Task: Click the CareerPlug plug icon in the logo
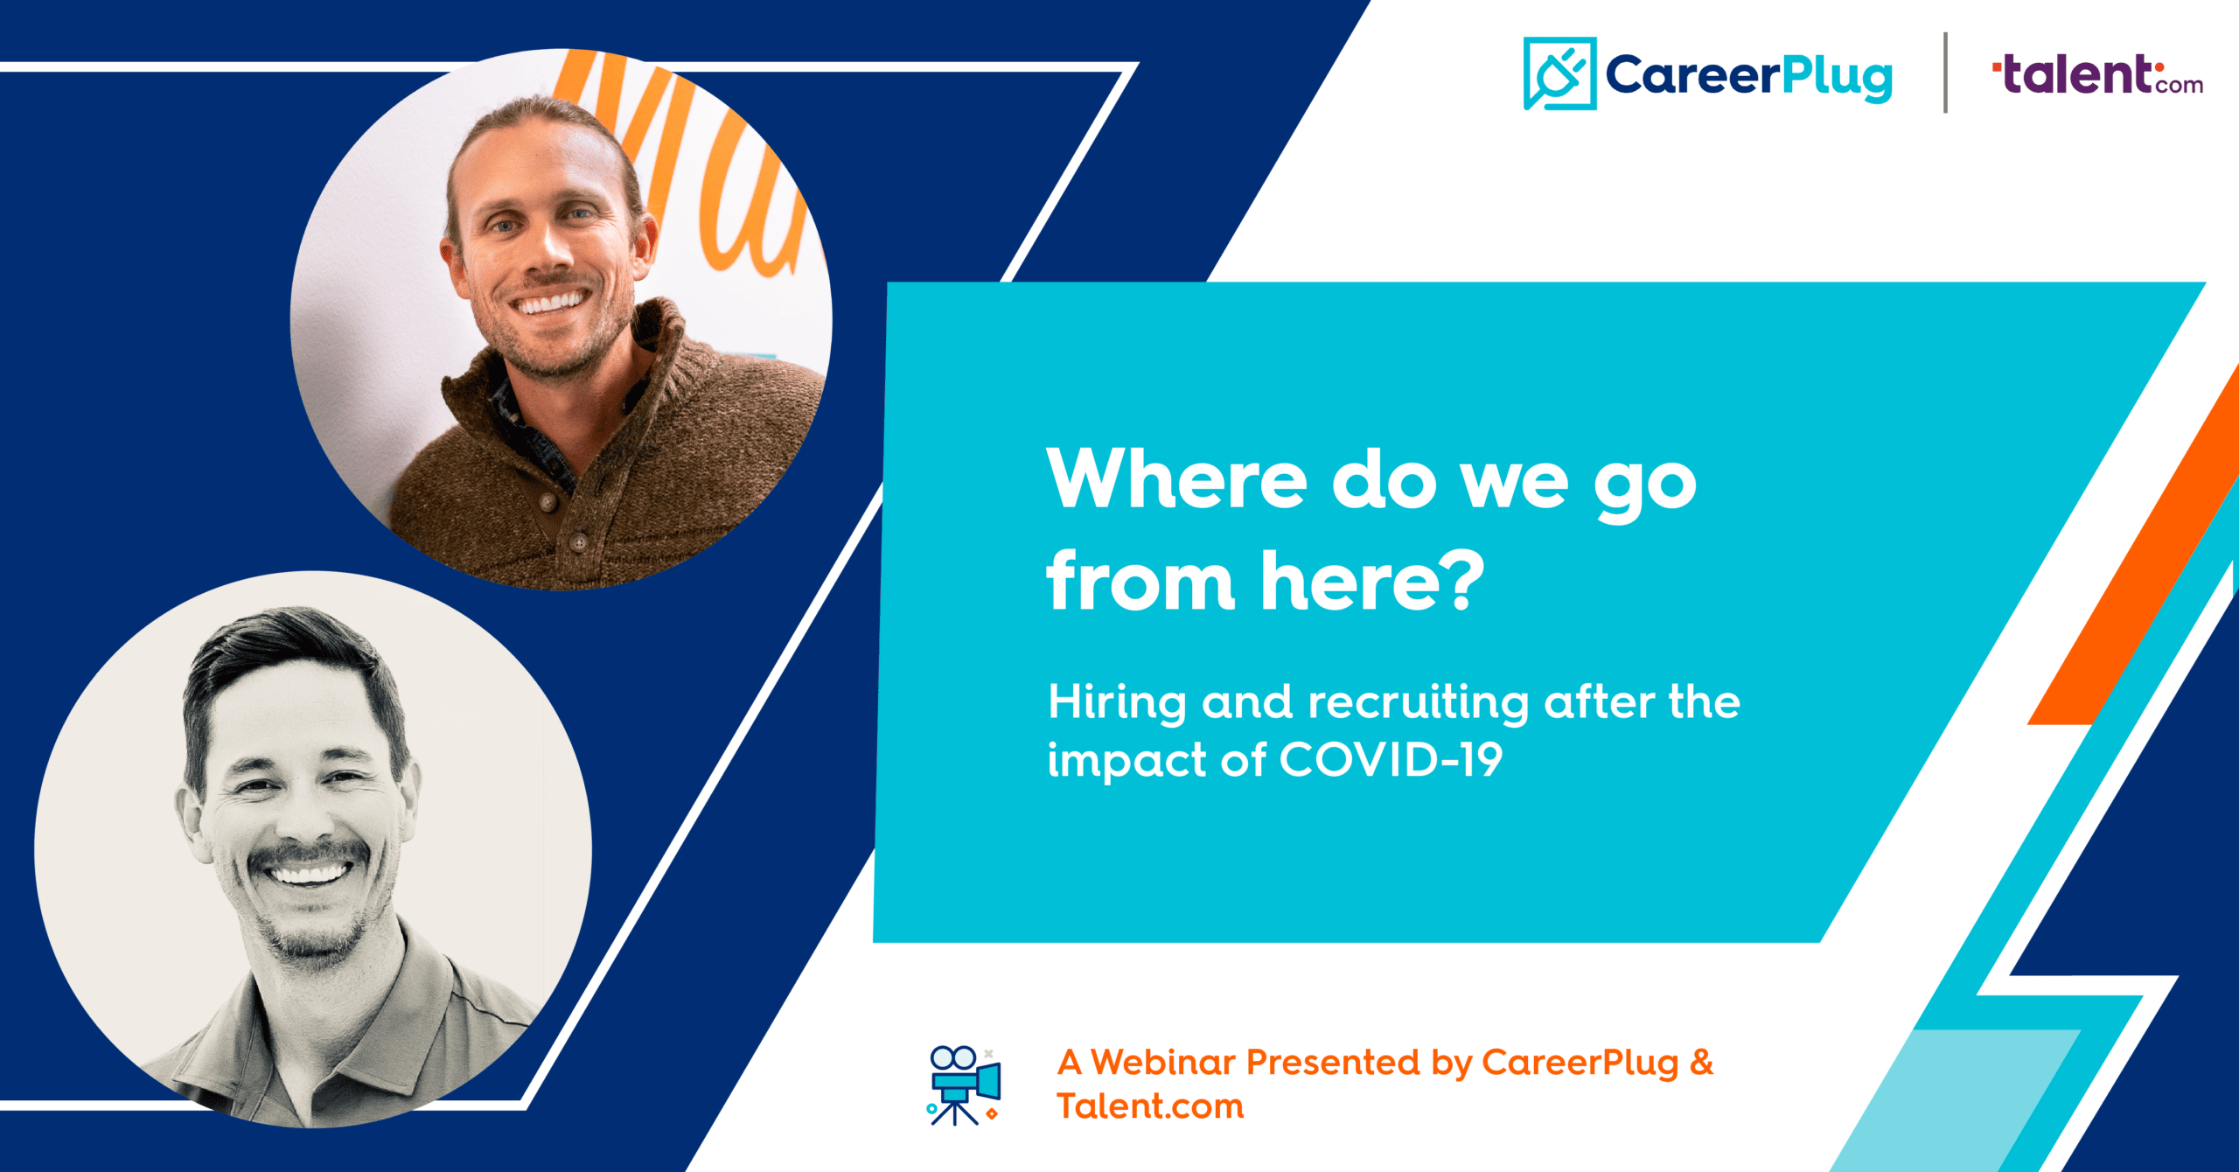[1559, 73]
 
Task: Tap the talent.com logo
[2097, 74]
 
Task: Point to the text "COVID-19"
[1392, 759]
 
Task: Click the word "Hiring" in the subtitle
[1117, 703]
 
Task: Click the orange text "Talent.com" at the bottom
[1150, 1106]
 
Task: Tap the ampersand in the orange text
[1702, 1062]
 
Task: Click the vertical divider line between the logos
[1945, 73]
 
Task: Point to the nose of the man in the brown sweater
[548, 249]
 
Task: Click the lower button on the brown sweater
[578, 542]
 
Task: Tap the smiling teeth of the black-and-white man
[308, 873]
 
